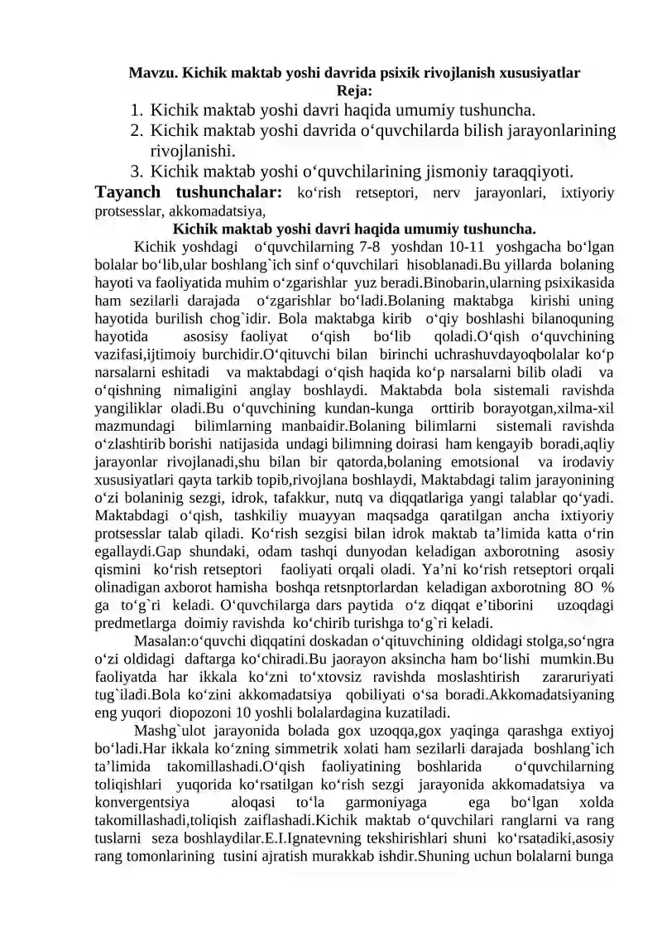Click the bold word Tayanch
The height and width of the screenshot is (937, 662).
pyautogui.click(x=132, y=194)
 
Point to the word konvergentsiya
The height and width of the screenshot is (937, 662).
pyautogui.click(x=140, y=804)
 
